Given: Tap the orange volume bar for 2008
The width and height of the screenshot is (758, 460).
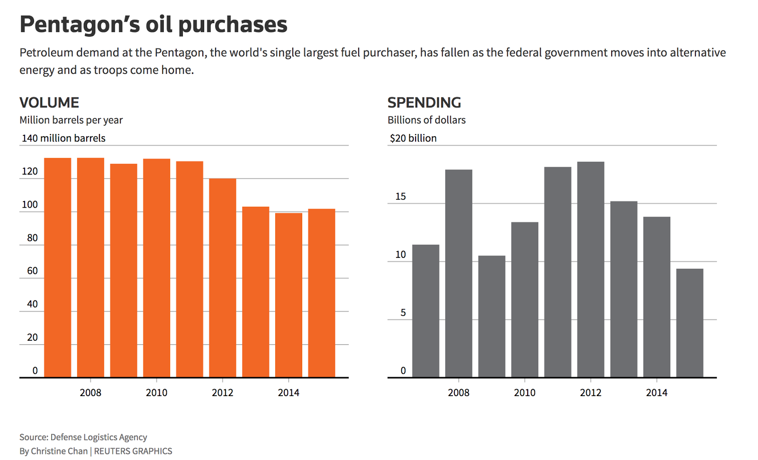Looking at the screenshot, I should click(x=90, y=267).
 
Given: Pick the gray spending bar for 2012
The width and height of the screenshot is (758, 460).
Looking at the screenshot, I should click(x=591, y=269).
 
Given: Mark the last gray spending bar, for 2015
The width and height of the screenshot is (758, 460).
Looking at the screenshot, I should click(x=690, y=323).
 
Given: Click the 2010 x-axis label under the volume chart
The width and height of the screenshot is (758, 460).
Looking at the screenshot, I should click(x=156, y=393).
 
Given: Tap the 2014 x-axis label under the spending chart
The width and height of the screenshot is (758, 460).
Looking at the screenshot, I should click(x=657, y=393).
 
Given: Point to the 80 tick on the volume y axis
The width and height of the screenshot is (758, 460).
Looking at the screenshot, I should click(x=32, y=238).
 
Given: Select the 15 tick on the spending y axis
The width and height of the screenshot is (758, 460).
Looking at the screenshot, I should click(x=400, y=196).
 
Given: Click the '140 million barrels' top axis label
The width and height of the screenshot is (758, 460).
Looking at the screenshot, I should click(x=63, y=138).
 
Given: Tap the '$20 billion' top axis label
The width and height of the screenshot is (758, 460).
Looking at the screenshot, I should click(x=413, y=138).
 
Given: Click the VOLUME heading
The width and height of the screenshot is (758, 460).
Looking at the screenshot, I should click(x=49, y=103).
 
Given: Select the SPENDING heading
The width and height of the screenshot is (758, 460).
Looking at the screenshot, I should click(x=424, y=103).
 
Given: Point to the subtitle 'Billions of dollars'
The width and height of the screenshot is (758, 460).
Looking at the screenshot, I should click(x=426, y=120).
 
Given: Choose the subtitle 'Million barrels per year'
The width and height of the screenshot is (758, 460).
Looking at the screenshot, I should click(x=71, y=120).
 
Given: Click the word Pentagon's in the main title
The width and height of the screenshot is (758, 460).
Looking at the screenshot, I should click(x=80, y=25).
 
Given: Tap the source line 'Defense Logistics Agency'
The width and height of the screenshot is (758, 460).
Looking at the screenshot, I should click(x=99, y=437).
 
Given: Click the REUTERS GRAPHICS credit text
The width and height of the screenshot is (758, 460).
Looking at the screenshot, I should click(x=133, y=451).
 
